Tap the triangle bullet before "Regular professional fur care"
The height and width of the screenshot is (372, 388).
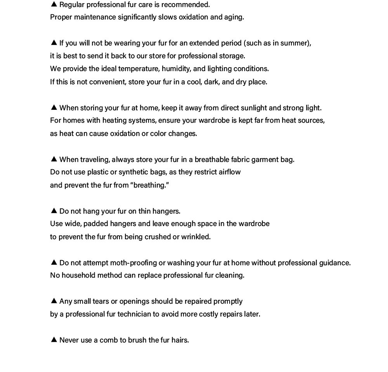tap(54, 4)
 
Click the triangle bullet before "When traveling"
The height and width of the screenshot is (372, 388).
tap(54, 159)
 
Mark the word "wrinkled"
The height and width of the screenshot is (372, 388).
tap(196, 237)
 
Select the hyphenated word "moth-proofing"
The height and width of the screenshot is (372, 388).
tap(133, 263)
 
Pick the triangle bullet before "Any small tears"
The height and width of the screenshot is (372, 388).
tap(54, 301)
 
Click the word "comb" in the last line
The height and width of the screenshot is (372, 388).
tap(109, 340)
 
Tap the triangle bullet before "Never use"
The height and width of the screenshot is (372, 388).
tap(54, 339)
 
